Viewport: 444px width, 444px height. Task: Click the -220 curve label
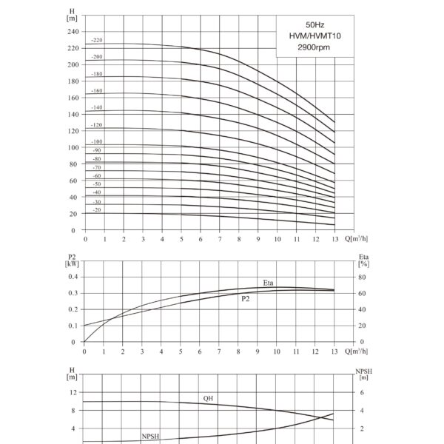97,40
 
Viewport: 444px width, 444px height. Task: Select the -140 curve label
97,107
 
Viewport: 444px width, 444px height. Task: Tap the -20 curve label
97,210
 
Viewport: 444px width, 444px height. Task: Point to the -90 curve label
97,150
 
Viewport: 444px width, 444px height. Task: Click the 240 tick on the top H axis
73,31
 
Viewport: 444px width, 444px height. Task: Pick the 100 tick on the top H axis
73,147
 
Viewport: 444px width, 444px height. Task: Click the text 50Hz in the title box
315,25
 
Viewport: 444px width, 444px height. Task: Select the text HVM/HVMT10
315,36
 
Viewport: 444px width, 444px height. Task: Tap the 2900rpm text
314,47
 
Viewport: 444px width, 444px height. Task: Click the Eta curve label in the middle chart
268,283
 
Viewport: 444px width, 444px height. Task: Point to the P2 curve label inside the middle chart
246,299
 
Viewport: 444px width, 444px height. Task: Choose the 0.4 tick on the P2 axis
73,277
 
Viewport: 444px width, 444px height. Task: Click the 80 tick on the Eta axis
362,277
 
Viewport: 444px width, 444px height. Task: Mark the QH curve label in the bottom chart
208,398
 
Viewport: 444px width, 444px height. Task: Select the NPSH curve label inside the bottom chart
151,437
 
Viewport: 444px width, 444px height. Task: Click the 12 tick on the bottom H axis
73,392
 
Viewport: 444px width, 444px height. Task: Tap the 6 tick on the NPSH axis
362,392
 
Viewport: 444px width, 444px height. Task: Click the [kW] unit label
72,264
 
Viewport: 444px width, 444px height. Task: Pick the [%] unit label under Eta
363,264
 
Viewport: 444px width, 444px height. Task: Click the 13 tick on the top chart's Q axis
335,239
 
